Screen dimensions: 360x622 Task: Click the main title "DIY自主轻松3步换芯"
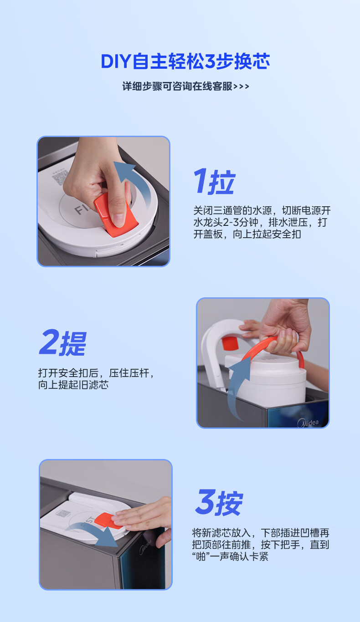click(185, 61)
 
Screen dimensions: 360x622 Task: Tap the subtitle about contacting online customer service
click(185, 87)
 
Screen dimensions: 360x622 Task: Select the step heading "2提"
click(63, 343)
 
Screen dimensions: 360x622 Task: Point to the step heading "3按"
click(219, 502)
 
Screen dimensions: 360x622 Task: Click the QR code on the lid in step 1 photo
click(60, 178)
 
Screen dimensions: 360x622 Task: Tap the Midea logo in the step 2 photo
click(308, 423)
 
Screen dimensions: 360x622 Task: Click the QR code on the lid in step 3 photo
click(63, 513)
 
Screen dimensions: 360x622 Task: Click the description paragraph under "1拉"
click(262, 222)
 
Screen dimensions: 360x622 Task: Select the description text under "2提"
click(96, 379)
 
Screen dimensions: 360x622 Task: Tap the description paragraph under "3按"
click(261, 544)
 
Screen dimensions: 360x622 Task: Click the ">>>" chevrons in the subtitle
click(242, 87)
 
